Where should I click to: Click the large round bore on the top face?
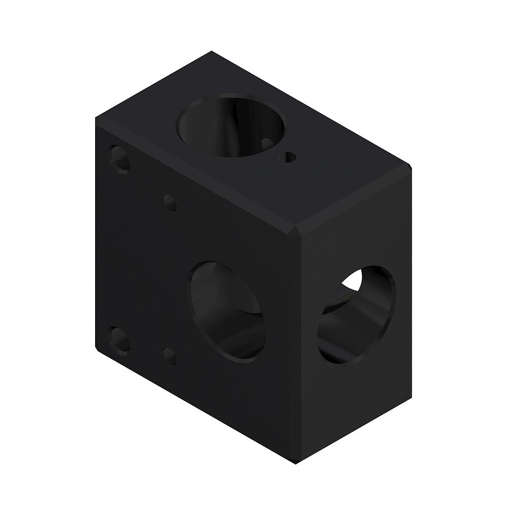click(231, 124)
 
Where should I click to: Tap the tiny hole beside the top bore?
click(289, 157)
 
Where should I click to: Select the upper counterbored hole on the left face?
click(119, 159)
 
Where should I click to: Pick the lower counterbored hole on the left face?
click(119, 339)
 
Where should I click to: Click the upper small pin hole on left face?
click(170, 203)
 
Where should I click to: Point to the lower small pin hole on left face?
click(170, 356)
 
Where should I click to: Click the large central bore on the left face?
click(228, 311)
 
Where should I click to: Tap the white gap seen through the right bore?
click(355, 281)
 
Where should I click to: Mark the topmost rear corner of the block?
click(211, 52)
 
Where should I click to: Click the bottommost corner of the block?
click(295, 462)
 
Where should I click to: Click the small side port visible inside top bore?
click(267, 144)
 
